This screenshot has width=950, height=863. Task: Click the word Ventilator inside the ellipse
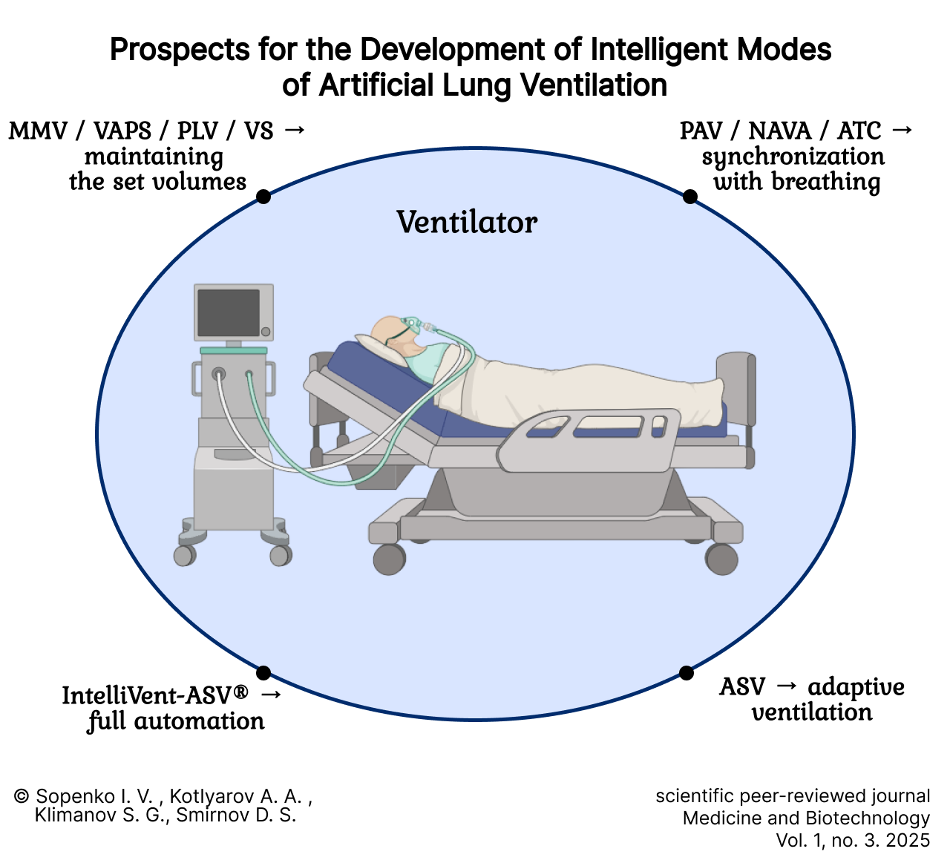[x=467, y=222]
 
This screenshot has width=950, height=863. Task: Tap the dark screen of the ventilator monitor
[x=229, y=312]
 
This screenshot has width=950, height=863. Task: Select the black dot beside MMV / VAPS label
[x=263, y=196]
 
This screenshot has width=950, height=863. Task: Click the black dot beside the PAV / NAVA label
[x=690, y=196]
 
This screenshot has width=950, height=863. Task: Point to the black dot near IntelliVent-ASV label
[x=263, y=672]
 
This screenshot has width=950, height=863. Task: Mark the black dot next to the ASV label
[x=687, y=672]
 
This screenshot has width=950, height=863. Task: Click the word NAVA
[x=780, y=131]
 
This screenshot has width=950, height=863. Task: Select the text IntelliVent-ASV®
[x=155, y=695]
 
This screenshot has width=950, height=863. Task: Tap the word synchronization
[x=793, y=157]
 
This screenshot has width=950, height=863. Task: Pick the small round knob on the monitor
[x=266, y=332]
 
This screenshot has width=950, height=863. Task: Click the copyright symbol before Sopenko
[x=22, y=795]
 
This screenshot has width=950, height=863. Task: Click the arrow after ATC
[x=901, y=130]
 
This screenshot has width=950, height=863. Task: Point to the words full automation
[x=176, y=721]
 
